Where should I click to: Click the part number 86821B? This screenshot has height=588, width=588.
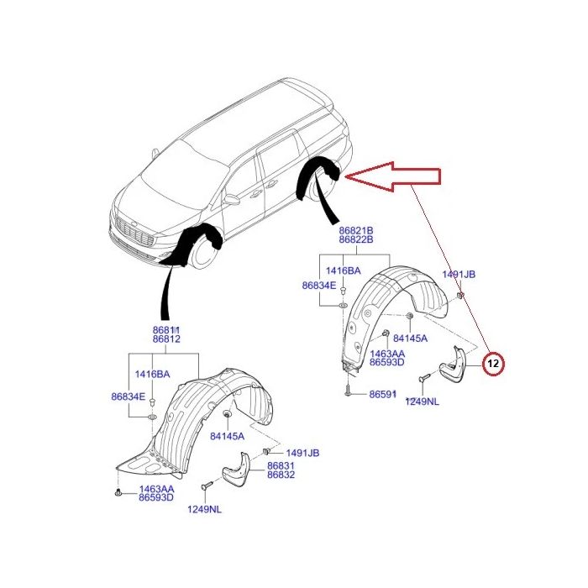tap(356, 229)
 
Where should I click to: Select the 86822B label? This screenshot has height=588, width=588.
tap(356, 240)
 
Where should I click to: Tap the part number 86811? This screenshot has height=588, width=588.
tap(166, 329)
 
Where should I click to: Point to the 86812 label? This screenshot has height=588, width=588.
tap(166, 339)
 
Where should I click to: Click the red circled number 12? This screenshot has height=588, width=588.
tap(494, 364)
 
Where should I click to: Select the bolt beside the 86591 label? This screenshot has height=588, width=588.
tap(346, 391)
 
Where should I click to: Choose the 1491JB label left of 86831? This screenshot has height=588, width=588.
tap(302, 453)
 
